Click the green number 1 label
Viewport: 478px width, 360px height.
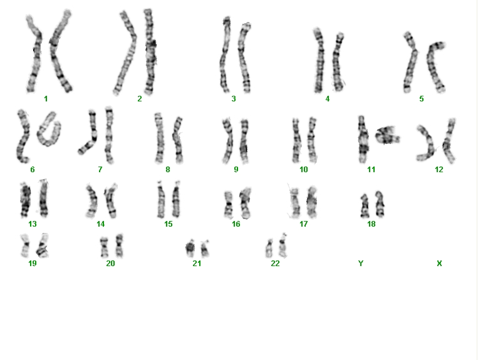(x=46, y=99)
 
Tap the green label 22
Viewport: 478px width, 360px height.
(x=275, y=263)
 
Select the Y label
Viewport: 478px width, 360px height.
(x=361, y=263)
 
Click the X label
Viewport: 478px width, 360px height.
(x=439, y=263)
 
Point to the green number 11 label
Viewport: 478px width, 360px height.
(x=371, y=169)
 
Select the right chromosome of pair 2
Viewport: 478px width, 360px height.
(x=150, y=52)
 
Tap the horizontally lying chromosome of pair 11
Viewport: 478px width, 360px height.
(x=387, y=135)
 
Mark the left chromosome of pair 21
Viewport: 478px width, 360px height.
(x=190, y=247)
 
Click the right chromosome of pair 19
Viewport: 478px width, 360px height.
(x=43, y=245)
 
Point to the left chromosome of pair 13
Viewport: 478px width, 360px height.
(x=25, y=200)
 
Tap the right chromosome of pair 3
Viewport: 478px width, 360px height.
(x=244, y=58)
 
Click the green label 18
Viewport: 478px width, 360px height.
(x=371, y=224)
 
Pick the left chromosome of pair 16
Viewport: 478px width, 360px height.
(x=228, y=204)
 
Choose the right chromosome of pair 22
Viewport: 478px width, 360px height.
(x=283, y=245)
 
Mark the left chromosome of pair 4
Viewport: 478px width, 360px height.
(x=319, y=61)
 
